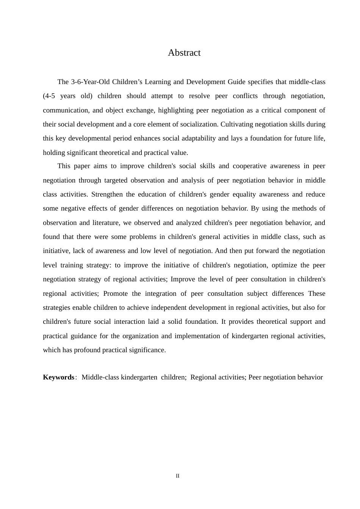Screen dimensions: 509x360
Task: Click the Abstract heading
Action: tap(184, 53)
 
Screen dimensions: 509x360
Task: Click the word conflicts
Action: tap(245, 96)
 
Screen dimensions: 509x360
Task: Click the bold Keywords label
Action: tap(58, 377)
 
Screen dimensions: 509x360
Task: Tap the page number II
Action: tap(178, 476)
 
